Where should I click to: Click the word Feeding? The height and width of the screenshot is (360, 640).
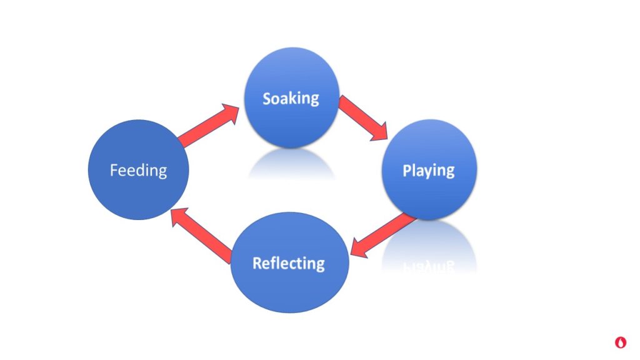[138, 170]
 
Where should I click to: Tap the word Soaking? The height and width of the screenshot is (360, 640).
[291, 99]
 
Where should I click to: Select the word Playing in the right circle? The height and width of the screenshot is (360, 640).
[428, 171]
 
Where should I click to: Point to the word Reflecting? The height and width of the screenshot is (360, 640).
[288, 263]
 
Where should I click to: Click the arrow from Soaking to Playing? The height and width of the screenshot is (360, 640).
[363, 117]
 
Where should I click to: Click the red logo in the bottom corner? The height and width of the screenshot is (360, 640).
[620, 342]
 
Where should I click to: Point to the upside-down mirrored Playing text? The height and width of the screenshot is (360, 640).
[428, 265]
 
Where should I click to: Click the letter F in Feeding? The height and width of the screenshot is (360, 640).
[114, 170]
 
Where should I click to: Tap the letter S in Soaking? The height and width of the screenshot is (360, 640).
[267, 99]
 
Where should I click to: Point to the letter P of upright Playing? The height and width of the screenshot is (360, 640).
[406, 171]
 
